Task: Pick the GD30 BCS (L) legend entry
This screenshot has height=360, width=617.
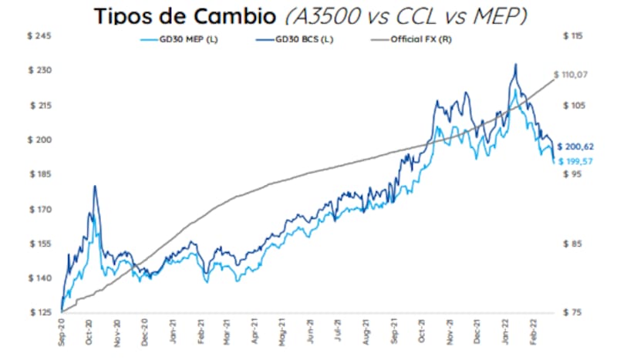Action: (x=307, y=40)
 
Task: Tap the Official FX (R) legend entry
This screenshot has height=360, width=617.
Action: (x=422, y=40)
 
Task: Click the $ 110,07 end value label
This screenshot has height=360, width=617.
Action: (x=575, y=75)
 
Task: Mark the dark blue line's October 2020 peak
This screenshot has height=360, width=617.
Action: (x=94, y=186)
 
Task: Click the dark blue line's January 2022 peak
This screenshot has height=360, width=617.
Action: (x=515, y=64)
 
